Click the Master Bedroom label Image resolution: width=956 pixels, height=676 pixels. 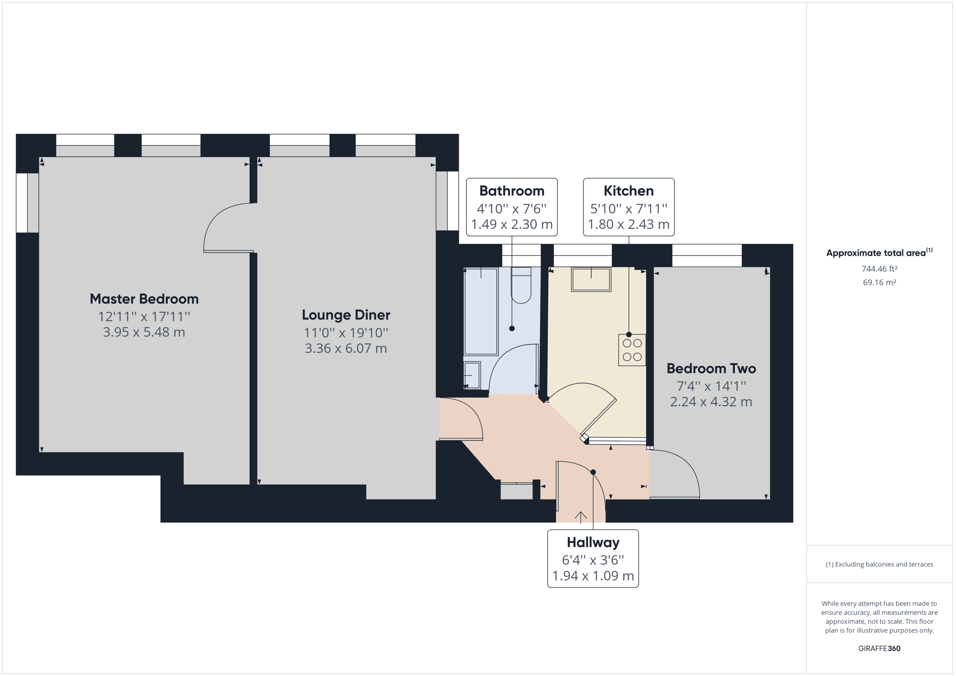coord(144,299)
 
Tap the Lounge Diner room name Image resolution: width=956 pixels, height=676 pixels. coord(346,315)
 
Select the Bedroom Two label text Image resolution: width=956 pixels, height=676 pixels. coord(711,369)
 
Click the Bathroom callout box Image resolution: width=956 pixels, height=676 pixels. coord(512,207)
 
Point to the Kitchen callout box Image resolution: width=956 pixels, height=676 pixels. coord(628,207)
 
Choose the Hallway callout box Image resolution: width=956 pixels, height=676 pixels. coord(593,558)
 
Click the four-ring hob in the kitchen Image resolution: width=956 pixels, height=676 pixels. coord(632,350)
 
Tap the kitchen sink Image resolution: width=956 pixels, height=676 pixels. coord(591,280)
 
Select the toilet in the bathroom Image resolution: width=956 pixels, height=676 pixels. coord(521,285)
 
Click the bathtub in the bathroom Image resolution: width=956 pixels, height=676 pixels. coord(481,311)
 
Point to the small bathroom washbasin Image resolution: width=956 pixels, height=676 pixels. coord(472,375)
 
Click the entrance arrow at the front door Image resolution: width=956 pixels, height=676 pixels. coord(581,517)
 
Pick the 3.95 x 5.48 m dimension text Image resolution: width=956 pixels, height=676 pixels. coord(144,332)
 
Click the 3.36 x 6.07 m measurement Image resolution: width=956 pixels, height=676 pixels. coord(346,349)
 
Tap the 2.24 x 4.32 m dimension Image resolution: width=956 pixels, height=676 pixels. coord(711,402)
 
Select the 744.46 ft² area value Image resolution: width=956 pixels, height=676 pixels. coord(879,269)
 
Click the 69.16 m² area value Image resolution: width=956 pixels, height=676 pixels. coord(879,282)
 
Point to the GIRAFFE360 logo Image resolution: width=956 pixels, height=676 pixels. coord(879,648)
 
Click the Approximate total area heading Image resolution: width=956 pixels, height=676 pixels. coord(879,253)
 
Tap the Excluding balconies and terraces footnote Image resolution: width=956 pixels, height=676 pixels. coord(879,564)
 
